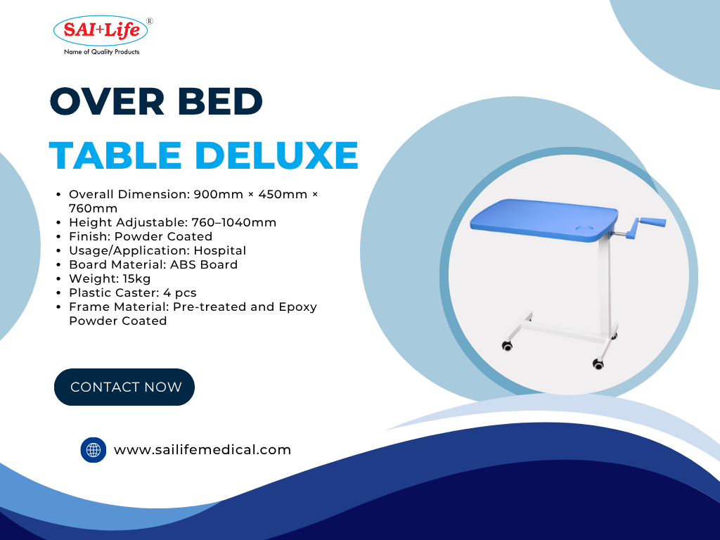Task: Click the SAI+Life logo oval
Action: coord(101,30)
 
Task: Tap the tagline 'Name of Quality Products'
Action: coord(101,52)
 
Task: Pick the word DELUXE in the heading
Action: coord(276,155)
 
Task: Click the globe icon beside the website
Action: coord(94,449)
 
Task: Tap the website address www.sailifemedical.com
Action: coord(202,449)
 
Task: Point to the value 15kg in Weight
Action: coord(136,278)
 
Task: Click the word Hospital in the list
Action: coord(220,251)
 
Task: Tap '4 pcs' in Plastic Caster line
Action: coord(179,293)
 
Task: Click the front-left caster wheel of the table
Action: coord(507,346)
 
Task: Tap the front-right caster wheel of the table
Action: coord(598,364)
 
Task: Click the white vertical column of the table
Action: coord(605,285)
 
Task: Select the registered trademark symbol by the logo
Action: coord(149,21)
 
